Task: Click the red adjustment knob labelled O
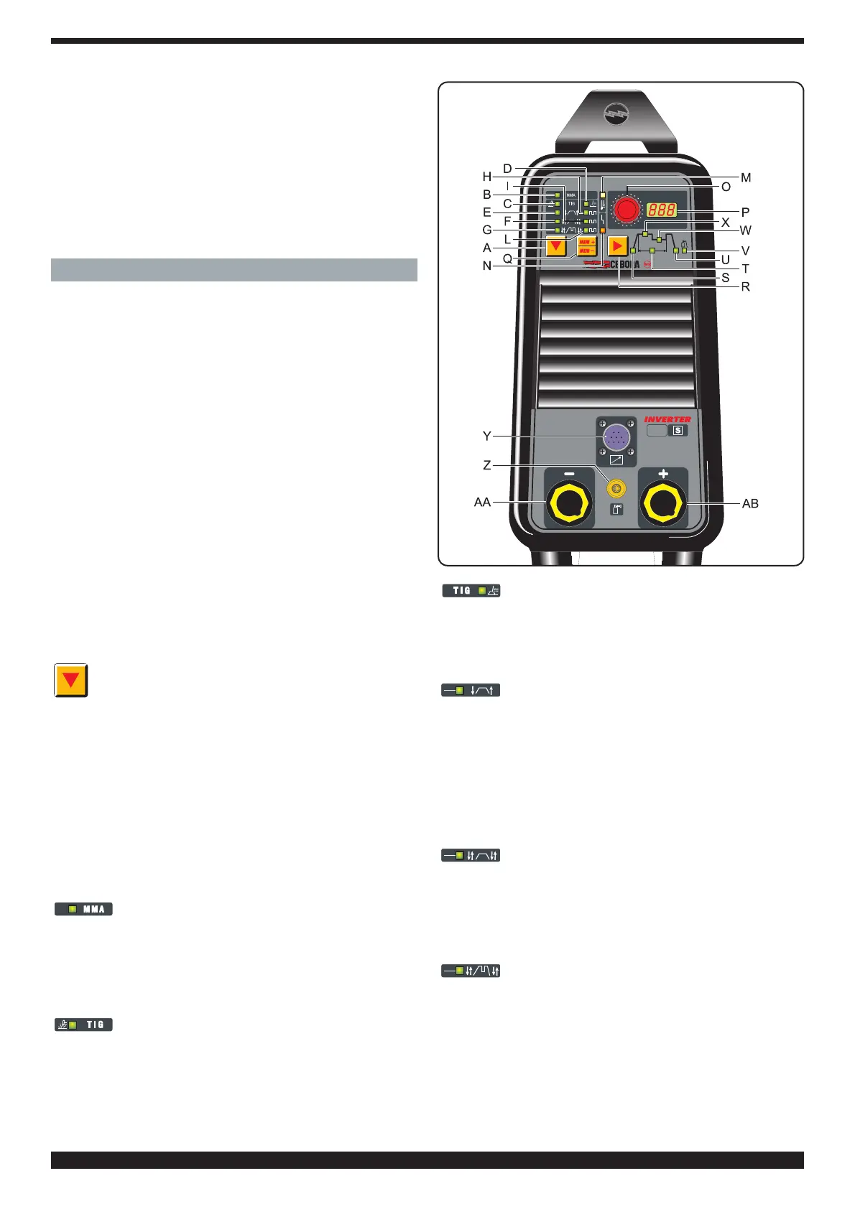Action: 627,210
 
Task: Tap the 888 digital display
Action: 661,210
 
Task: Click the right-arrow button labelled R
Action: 617,246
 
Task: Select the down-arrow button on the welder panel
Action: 555,247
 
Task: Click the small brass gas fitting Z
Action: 616,489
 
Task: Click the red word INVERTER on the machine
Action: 667,419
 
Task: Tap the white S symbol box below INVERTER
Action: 678,431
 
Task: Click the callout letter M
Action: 746,177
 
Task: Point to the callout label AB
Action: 750,504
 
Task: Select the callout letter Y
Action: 487,437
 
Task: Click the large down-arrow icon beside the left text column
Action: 71,680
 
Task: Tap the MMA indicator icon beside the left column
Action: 84,909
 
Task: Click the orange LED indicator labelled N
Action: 602,231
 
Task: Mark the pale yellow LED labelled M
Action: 603,195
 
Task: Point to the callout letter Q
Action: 507,258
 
